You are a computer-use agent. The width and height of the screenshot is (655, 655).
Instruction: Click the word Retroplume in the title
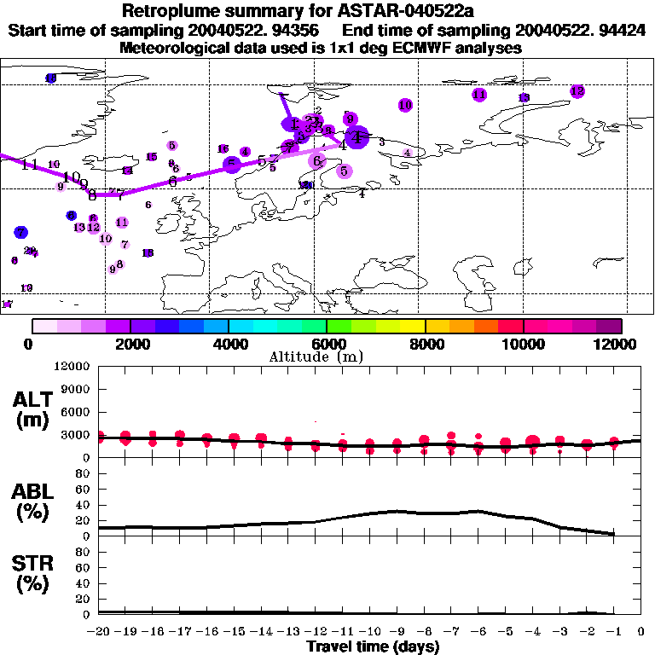pyautogui.click(x=174, y=11)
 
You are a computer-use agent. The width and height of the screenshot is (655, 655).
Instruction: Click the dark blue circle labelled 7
pyautogui.click(x=21, y=232)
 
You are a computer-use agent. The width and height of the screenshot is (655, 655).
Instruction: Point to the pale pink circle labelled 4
pyautogui.click(x=408, y=153)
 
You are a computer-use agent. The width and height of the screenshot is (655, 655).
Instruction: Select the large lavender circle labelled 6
pyautogui.click(x=317, y=160)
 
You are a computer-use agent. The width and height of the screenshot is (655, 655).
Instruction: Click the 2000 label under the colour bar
pyautogui.click(x=130, y=344)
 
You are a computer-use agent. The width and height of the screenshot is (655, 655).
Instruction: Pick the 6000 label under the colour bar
pyautogui.click(x=327, y=344)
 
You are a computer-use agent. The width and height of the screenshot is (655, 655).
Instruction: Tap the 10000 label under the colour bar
pyautogui.click(x=523, y=344)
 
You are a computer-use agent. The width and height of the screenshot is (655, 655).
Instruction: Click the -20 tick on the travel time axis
pyautogui.click(x=101, y=631)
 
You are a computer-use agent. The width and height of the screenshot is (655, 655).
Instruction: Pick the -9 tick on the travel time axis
pyautogui.click(x=397, y=631)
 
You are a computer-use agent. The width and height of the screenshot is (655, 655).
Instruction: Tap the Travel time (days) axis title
pyautogui.click(x=373, y=646)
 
